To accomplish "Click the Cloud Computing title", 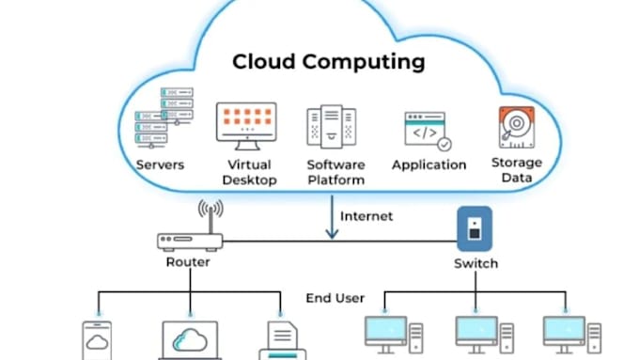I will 329,64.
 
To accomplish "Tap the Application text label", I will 429,164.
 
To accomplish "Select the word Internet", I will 366,216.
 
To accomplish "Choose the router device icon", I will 189,241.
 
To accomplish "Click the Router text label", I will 188,263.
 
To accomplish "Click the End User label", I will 335,299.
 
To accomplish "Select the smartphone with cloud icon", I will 98,340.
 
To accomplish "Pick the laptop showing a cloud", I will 191,341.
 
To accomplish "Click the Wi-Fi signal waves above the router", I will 210,211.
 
